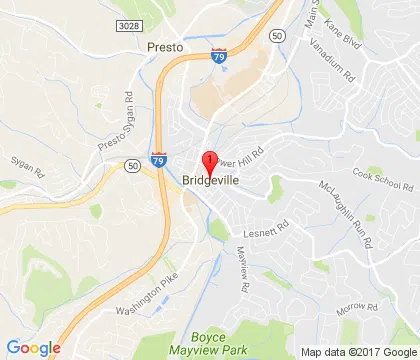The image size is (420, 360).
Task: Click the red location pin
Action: (x=209, y=163)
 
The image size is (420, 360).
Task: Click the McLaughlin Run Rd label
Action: (x=347, y=218)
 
